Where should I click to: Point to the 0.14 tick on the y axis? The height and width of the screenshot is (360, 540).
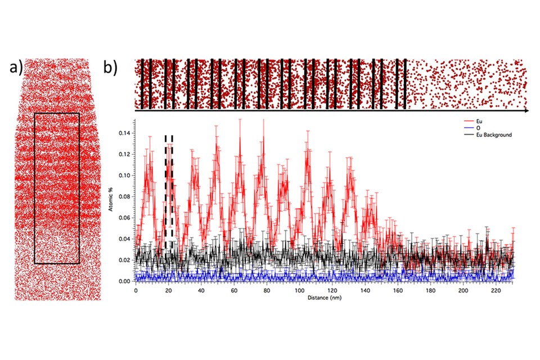click(127, 133)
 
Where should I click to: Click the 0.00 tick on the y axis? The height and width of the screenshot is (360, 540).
click(127, 281)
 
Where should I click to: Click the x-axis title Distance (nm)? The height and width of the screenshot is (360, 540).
click(323, 298)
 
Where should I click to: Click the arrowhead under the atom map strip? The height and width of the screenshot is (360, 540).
click(526, 111)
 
